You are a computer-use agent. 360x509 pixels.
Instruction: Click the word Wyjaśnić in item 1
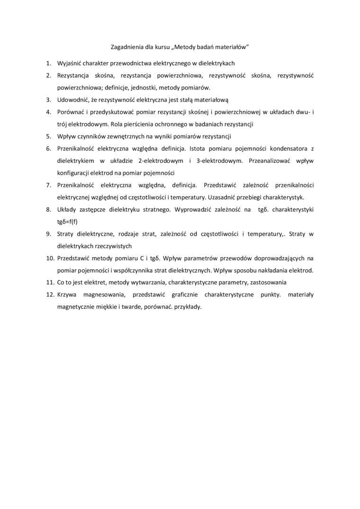pyautogui.click(x=70, y=63)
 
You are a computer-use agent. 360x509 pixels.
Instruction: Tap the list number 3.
pyautogui.click(x=48, y=100)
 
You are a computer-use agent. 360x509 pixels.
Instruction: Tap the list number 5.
pyautogui.click(x=48, y=137)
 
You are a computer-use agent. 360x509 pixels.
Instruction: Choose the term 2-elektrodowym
pyautogui.click(x=160, y=161)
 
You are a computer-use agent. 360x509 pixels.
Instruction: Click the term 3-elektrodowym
pyautogui.click(x=218, y=161)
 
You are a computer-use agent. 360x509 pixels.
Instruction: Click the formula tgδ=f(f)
pyautogui.click(x=67, y=222)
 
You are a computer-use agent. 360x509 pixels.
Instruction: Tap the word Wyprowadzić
pyautogui.click(x=193, y=209)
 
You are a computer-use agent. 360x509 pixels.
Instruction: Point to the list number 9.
pyautogui.click(x=48, y=234)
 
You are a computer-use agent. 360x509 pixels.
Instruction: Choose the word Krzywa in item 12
pyautogui.click(x=67, y=295)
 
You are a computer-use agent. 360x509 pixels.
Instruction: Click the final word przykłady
pyautogui.click(x=189, y=307)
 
